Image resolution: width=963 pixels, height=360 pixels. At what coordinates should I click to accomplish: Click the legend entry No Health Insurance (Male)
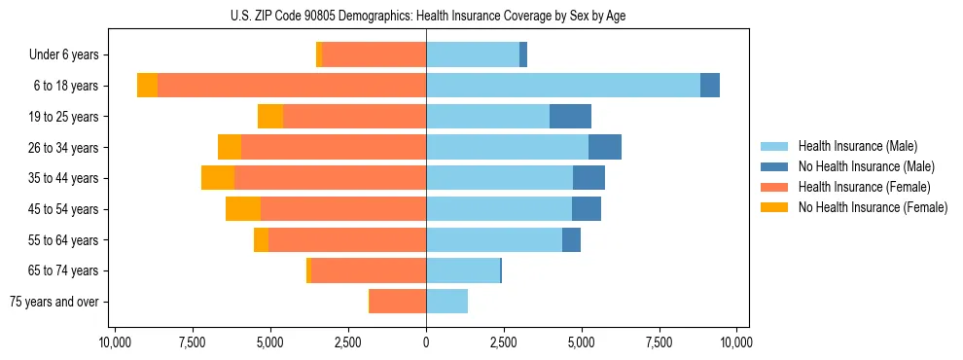point(866,166)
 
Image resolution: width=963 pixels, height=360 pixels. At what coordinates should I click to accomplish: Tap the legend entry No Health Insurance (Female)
point(873,207)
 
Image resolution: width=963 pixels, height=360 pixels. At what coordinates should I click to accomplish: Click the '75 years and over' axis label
point(53,302)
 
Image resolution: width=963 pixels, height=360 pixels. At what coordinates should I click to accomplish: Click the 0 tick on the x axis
point(426,342)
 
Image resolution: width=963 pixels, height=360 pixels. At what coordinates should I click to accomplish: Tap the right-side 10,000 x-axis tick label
point(736,342)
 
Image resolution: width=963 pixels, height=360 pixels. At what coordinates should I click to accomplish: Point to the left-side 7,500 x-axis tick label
point(193,342)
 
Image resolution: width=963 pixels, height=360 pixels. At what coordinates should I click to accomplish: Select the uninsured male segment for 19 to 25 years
point(570,117)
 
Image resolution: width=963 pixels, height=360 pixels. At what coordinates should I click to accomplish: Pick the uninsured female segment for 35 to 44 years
point(218,178)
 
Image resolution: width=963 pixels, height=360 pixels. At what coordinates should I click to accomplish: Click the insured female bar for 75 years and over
point(398,302)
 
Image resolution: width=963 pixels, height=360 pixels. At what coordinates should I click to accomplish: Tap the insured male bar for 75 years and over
point(446,302)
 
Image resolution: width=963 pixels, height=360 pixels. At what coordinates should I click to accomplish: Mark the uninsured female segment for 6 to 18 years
point(147,86)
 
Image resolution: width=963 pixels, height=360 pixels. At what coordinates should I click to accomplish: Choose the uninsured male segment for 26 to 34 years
point(605,147)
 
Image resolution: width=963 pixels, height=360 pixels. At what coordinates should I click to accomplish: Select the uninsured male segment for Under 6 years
point(523,55)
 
